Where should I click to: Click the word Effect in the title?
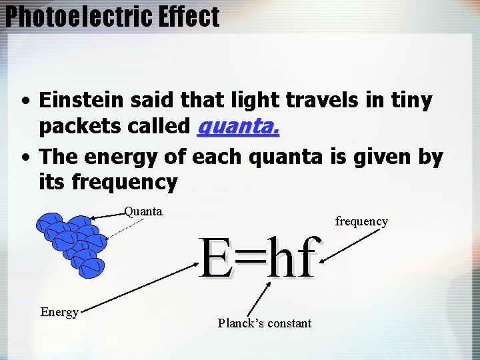[189, 17]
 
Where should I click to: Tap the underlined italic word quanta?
[239, 126]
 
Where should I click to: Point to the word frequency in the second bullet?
[125, 181]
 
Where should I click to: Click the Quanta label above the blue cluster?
[143, 212]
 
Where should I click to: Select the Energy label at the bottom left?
[59, 312]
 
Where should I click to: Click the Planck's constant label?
[264, 323]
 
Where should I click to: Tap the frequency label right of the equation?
[361, 221]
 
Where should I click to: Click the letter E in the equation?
[216, 259]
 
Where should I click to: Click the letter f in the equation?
[305, 259]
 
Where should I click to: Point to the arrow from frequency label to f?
[347, 245]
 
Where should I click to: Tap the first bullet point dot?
[25, 103]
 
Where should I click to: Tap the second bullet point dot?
[25, 159]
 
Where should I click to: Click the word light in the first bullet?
[258, 101]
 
